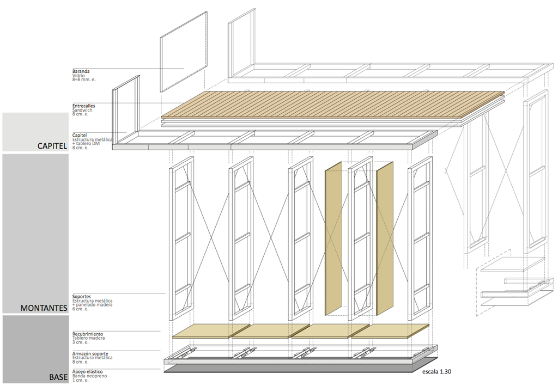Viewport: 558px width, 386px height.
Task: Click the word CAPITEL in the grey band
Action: coord(52,146)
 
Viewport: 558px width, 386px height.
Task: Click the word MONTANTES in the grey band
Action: coord(44,308)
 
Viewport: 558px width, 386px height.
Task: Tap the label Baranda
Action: coord(81,71)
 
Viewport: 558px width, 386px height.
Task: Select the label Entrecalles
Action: coord(84,106)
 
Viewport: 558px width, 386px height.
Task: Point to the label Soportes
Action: coord(82,297)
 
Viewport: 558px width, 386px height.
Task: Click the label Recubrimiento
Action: coord(87,334)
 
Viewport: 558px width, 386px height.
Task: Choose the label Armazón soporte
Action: coord(89,354)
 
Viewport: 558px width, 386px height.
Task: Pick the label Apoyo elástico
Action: coord(88,372)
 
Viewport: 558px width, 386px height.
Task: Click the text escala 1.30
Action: coord(436,372)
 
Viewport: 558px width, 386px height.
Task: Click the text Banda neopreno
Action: coord(89,376)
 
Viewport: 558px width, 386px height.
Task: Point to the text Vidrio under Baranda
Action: coord(78,76)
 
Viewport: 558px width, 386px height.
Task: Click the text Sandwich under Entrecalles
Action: coord(82,110)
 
